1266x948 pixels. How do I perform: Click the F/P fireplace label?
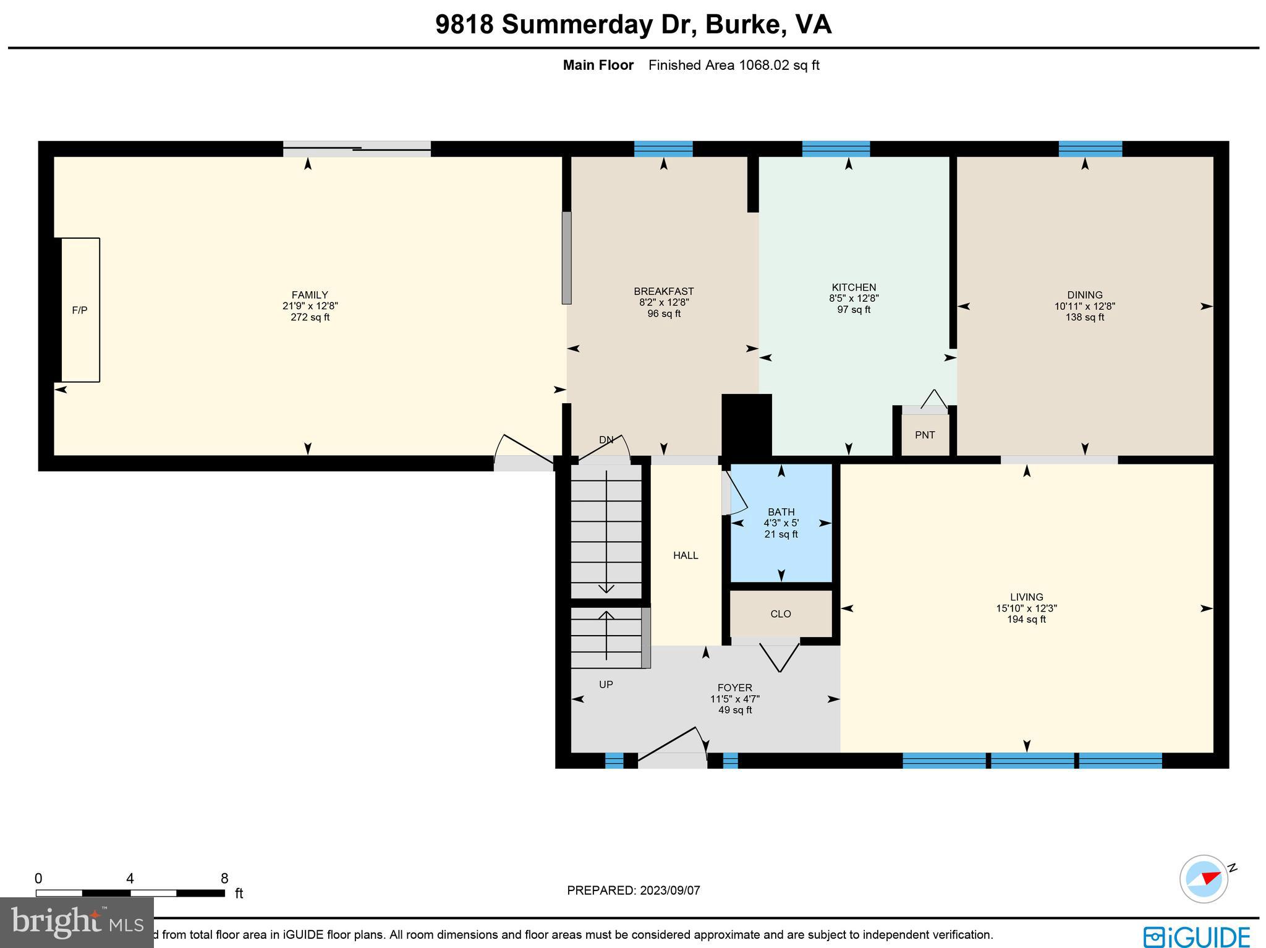80,310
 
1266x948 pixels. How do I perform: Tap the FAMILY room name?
310,295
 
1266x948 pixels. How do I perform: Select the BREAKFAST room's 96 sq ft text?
663,314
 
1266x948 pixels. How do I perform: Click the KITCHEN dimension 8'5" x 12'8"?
854,298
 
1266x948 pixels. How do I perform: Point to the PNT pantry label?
925,435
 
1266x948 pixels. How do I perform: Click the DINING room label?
1084,295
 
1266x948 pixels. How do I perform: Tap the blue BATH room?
781,544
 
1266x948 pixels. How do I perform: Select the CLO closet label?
781,613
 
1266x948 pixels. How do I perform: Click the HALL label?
686,555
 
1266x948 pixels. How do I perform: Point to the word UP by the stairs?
606,685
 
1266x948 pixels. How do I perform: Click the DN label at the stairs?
606,440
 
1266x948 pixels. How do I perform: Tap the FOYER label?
734,688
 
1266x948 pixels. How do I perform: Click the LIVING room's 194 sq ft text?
1026,619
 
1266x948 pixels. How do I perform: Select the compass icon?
1204,879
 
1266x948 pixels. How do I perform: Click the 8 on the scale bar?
224,879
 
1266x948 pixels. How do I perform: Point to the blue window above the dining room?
1090,149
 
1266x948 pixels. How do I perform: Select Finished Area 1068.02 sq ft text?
734,65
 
